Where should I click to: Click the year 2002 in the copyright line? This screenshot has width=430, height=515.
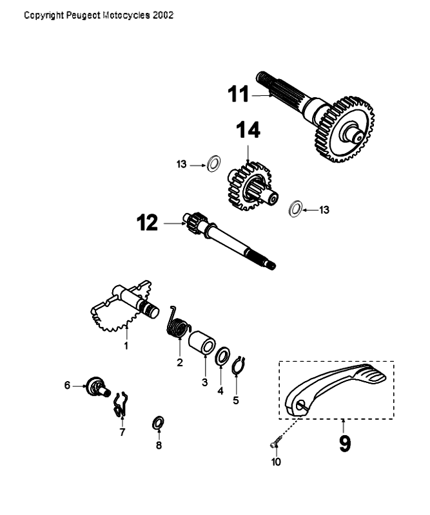pos(163,14)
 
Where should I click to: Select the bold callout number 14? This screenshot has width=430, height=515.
pos(248,131)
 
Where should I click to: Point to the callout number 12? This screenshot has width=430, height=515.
pos(148,223)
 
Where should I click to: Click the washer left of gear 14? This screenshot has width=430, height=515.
pos(212,165)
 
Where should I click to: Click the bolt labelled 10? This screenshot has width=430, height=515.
pos(274,441)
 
